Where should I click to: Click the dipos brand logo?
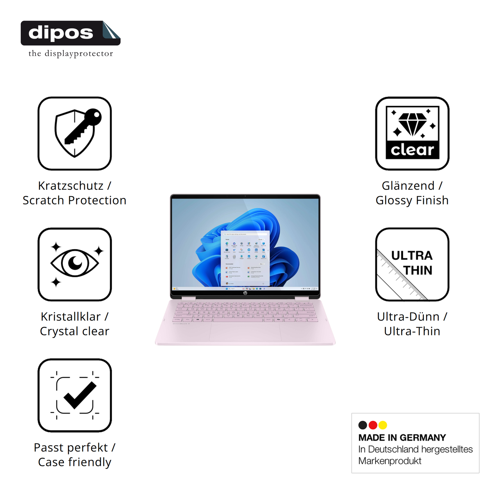tap(70, 33)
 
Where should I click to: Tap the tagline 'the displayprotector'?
tap(70, 54)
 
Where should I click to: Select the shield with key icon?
tap(75, 133)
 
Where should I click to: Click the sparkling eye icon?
tap(75, 264)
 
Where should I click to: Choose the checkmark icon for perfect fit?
tap(75, 395)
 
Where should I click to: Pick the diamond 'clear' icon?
tap(412, 133)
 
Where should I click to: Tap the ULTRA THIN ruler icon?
tap(412, 264)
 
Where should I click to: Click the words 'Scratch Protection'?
tap(75, 200)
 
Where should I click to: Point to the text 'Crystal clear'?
tap(75, 331)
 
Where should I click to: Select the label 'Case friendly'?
tap(75, 462)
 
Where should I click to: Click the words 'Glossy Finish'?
tap(412, 200)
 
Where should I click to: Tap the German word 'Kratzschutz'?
tap(71, 186)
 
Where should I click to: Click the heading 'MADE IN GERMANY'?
tap(402, 438)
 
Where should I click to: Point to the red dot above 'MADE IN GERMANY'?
tap(373, 425)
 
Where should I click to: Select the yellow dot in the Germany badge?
tap(383, 425)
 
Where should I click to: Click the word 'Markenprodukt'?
tap(390, 461)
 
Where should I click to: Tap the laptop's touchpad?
tap(245, 331)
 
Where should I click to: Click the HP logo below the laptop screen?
tap(245, 293)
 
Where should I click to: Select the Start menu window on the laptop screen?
tap(245, 258)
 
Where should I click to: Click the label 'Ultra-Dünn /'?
tap(412, 317)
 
